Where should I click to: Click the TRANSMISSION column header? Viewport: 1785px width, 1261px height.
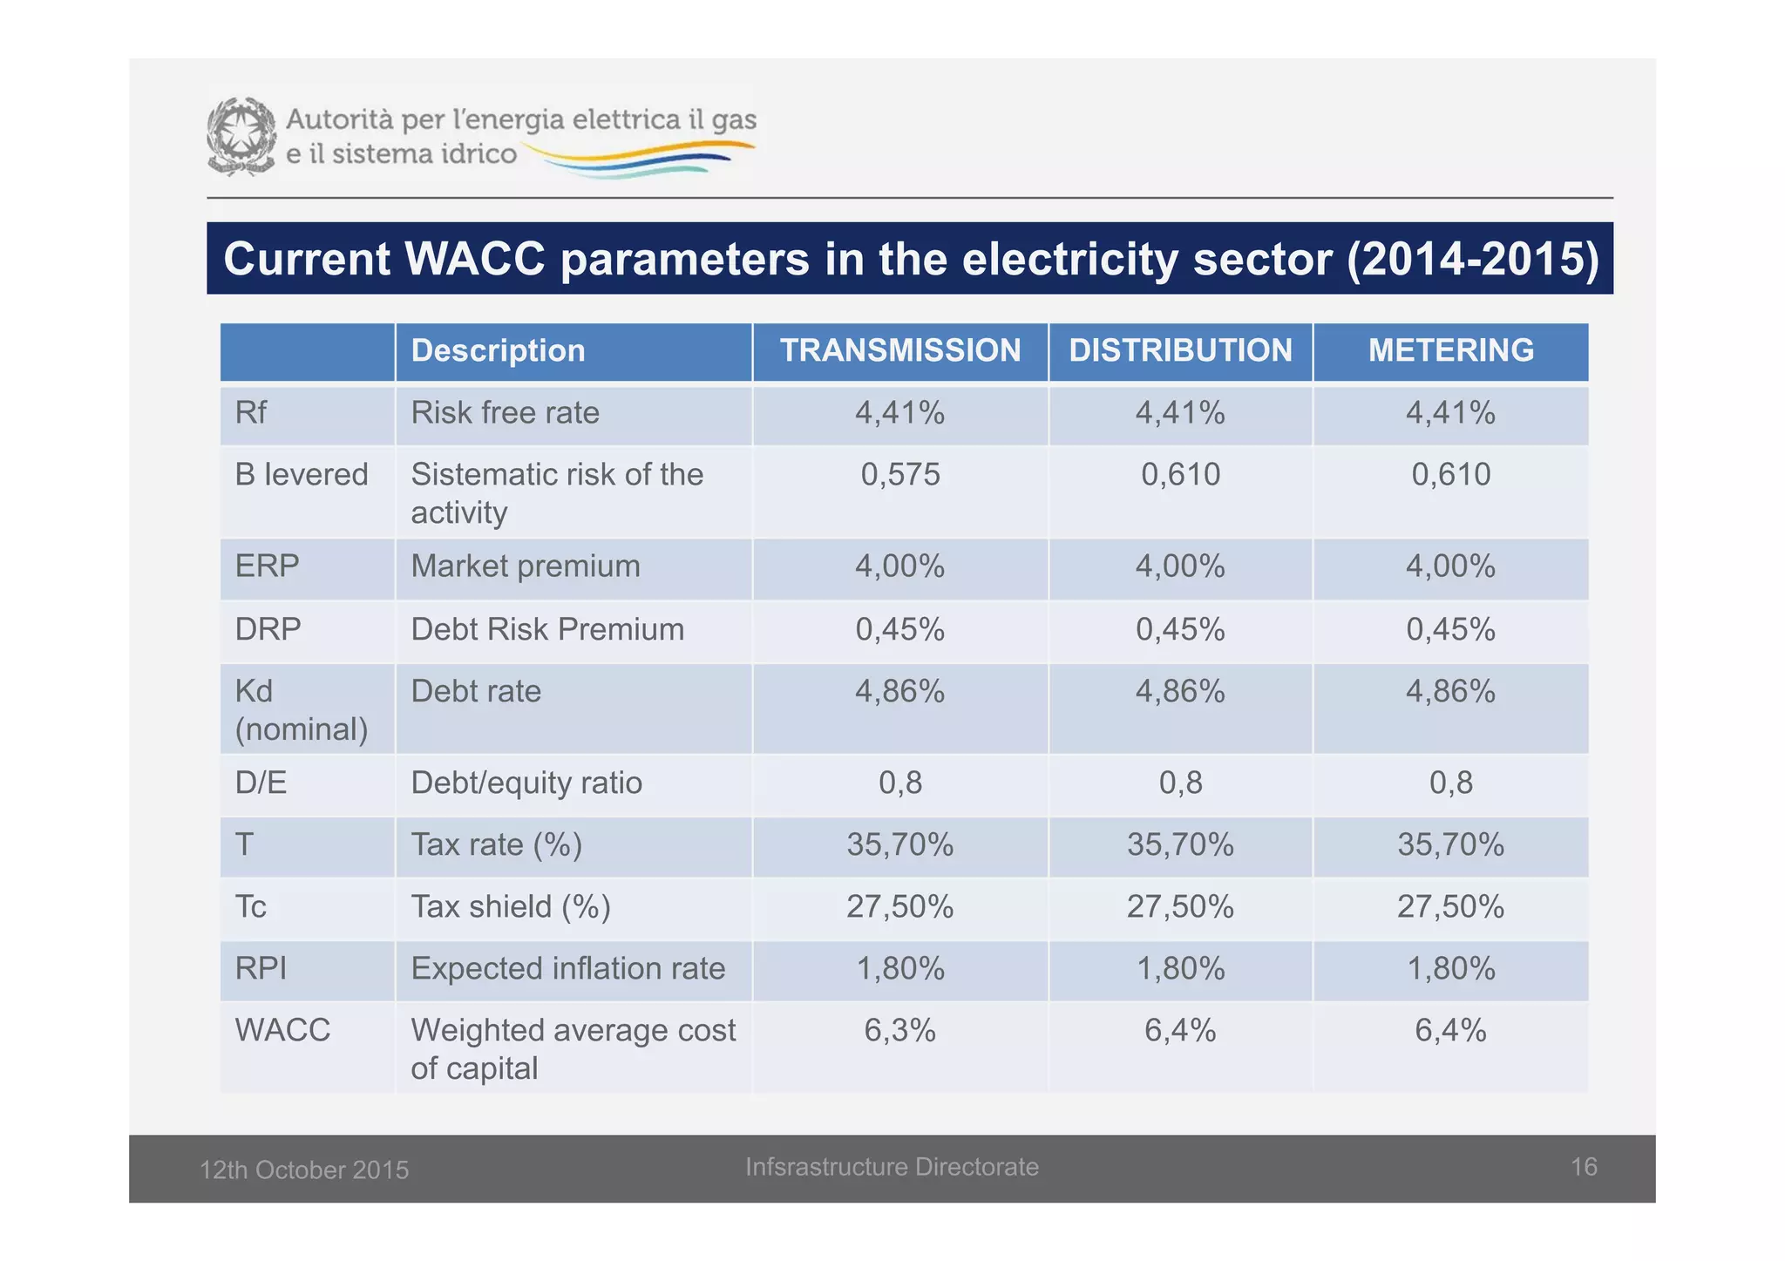[x=899, y=350]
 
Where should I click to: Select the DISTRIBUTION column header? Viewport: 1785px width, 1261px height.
[x=1180, y=350]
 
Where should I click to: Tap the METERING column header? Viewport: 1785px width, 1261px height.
[x=1450, y=350]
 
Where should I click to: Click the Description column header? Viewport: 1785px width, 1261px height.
[x=498, y=350]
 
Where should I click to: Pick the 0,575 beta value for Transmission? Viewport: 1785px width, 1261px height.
[x=899, y=474]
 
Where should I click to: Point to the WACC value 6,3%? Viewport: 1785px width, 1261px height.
[x=899, y=1030]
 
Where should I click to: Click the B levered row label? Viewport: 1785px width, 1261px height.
[x=301, y=474]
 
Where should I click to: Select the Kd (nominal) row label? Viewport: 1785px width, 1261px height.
[x=301, y=709]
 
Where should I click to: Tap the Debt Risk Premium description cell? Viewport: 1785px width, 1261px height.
[x=547, y=629]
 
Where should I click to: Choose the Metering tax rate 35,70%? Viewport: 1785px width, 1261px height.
[x=1450, y=844]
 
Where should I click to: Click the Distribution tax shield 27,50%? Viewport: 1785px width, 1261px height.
[x=1180, y=906]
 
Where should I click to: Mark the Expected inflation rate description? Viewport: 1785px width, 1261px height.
[x=567, y=968]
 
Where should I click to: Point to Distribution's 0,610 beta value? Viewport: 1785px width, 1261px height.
[x=1180, y=474]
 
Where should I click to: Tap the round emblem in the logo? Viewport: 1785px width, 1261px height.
[x=241, y=136]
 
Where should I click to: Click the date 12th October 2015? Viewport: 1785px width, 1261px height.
[x=304, y=1169]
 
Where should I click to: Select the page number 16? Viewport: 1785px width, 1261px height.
[x=1583, y=1166]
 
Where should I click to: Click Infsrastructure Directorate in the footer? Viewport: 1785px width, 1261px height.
[x=892, y=1167]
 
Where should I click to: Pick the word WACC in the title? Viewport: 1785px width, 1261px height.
[x=474, y=259]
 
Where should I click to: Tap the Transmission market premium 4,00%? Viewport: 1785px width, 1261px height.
[x=899, y=566]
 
